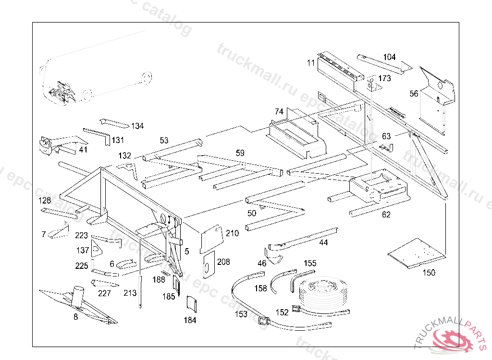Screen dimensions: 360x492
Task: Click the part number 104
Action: click(389, 57)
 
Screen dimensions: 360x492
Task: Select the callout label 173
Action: click(385, 78)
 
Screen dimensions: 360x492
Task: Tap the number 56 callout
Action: click(414, 94)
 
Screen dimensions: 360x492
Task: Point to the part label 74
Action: click(279, 111)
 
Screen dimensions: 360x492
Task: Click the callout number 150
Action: click(429, 273)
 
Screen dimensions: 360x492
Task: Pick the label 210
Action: click(232, 233)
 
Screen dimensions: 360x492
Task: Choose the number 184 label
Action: click(190, 320)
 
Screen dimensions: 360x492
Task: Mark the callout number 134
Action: click(137, 126)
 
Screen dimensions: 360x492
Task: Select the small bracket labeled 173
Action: click(371, 84)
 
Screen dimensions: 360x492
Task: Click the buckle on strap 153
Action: click(263, 321)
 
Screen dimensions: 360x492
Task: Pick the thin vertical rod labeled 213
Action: click(140, 291)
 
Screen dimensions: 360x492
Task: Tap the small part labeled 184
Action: click(191, 304)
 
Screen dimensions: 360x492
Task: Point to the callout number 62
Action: click(386, 215)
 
